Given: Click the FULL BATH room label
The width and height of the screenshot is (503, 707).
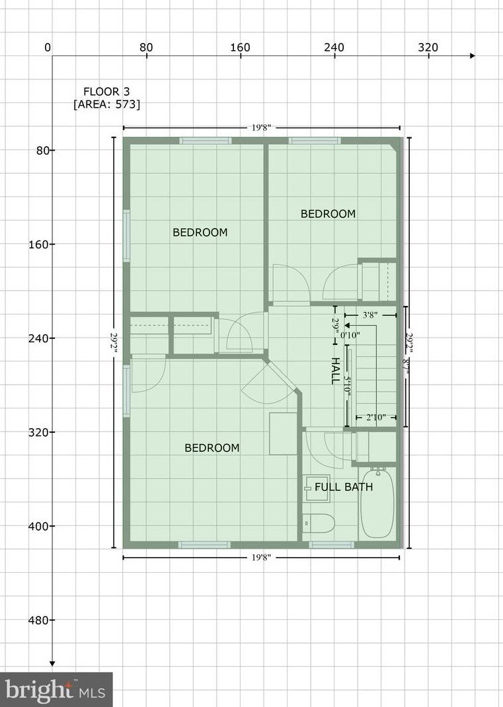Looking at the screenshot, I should point(343,487).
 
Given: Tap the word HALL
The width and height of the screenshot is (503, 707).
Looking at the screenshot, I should point(335,372).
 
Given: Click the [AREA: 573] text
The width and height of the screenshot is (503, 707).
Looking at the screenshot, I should point(106,104).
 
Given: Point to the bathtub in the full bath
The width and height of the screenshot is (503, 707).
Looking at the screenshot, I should point(377,503).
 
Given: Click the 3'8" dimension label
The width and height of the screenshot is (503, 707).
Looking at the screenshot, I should point(369,315).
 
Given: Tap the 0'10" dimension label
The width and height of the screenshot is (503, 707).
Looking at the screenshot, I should point(350,335).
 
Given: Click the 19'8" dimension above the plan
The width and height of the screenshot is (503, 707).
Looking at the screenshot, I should point(260,128).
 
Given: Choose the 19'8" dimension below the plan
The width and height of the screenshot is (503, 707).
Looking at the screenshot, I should point(260,558).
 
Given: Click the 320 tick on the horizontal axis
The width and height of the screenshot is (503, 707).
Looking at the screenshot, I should point(428,48).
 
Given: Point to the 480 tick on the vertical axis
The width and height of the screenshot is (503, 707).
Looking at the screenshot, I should point(40,620).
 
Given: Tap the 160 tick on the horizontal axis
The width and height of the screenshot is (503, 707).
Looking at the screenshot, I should point(240,48).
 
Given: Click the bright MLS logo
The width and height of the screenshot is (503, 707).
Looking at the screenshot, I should point(56,690).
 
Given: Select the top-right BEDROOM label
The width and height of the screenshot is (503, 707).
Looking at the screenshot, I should point(328,213).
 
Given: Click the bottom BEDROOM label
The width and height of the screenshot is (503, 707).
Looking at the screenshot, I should point(212,447).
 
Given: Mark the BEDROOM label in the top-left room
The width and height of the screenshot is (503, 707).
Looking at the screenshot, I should point(200,232).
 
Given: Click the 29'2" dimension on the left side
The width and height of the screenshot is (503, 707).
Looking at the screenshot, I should point(114,342).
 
